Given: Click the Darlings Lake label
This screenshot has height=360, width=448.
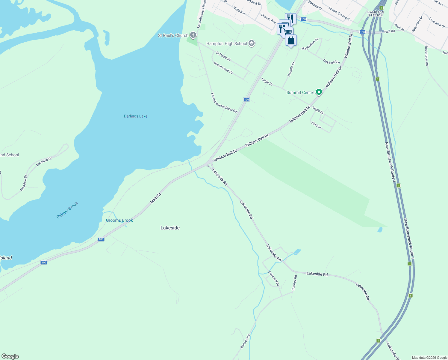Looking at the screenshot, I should (136, 116).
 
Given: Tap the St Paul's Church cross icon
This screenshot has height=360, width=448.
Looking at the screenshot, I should (193, 35).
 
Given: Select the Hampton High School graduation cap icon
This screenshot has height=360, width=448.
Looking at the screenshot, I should (252, 43).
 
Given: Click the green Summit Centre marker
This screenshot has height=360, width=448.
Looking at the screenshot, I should (319, 92).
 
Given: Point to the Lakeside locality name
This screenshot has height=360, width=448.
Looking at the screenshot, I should (170, 228).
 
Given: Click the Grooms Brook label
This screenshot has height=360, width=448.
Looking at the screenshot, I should (119, 220).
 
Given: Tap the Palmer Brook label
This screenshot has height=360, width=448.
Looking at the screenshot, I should (67, 210).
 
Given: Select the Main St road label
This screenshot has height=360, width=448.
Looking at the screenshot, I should (156, 198).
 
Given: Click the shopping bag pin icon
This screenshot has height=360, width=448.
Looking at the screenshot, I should (291, 40).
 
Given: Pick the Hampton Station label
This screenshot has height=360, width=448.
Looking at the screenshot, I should (376, 14).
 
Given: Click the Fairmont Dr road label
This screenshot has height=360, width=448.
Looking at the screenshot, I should (274, 278).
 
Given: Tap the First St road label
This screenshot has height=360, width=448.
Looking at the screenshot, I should (316, 125).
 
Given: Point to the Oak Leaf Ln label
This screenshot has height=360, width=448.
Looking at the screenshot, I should (332, 62).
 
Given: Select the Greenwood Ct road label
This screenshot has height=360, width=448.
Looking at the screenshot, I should (223, 68).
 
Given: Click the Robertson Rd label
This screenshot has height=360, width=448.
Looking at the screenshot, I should (426, 56).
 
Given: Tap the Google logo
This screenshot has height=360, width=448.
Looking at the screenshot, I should (10, 356).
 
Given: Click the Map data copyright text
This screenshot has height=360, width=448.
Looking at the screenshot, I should (429, 358).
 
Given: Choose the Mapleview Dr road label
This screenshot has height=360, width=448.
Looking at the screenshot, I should (310, 44).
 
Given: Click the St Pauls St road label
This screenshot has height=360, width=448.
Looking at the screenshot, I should (223, 56).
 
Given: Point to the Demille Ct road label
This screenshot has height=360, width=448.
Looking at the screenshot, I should (291, 69).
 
